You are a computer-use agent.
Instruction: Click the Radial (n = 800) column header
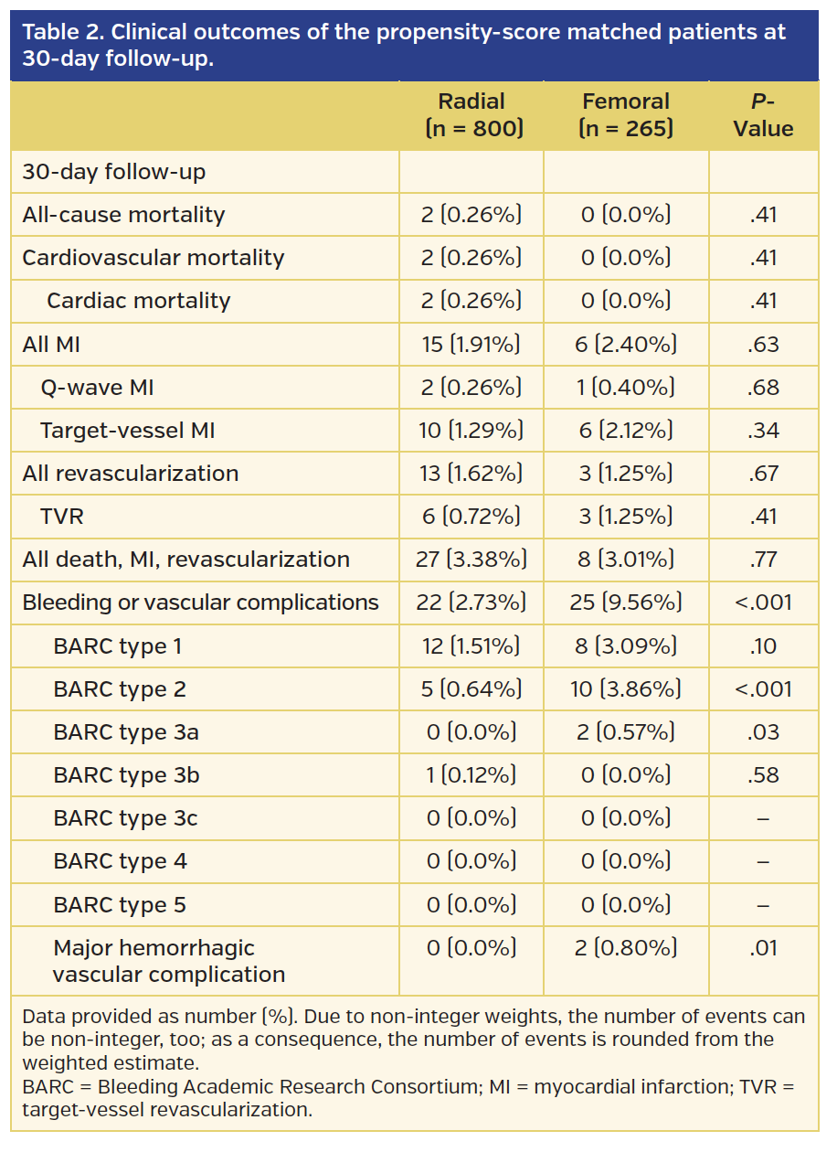coord(471,115)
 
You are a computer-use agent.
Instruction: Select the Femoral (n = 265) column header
coord(626,115)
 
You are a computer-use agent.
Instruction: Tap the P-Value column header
coord(763,115)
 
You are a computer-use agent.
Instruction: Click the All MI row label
coord(58,345)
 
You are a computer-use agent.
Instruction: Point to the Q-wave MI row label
coord(97,388)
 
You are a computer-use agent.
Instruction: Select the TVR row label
coord(62,517)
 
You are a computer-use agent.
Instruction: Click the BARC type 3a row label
coord(126,732)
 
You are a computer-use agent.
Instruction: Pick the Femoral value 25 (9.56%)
coord(626,603)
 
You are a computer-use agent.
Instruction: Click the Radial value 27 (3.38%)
coord(471,560)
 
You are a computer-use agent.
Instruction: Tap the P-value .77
coord(763,560)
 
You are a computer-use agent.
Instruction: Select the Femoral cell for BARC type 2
coord(626,689)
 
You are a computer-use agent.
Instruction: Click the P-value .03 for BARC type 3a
coord(763,732)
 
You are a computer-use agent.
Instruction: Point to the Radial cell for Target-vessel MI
coord(471,431)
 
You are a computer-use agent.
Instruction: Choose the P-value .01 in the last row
coord(763,948)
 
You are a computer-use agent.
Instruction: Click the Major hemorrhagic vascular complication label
coord(169,961)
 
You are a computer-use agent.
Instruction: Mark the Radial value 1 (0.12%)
coord(471,775)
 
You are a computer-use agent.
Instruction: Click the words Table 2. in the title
coord(60,32)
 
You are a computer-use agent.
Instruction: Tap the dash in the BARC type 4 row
coord(763,861)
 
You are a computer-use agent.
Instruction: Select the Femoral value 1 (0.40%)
coord(626,388)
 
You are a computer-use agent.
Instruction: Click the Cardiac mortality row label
coord(139,301)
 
